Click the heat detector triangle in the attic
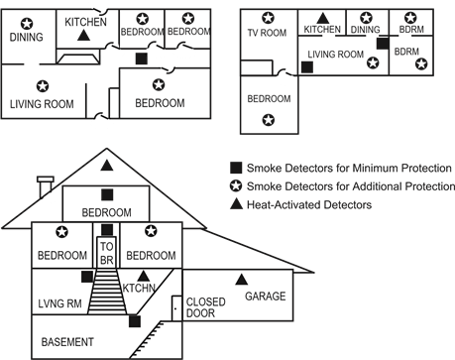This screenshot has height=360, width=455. pos(107,166)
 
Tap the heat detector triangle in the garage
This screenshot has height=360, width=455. pos(242,280)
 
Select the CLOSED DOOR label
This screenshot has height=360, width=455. pos(205,307)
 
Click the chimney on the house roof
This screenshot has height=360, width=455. pos(46,187)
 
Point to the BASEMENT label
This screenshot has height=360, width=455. pos(67,342)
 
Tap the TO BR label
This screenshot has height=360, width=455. pos(107,253)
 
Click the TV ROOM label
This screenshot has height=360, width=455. pos(267,33)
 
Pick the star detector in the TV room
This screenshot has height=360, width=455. pos(268,18)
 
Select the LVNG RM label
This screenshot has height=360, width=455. pos(59,303)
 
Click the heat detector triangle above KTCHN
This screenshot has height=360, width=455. pos(143,276)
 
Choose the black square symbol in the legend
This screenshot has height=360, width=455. pos(236,168)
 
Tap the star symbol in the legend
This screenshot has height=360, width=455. pos(236,186)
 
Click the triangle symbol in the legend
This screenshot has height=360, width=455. pos(236,204)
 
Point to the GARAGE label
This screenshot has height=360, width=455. pos(266,297)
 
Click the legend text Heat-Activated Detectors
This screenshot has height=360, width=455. pos(309,205)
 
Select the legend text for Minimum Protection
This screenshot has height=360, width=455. pos(349,168)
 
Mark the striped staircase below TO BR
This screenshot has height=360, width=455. pos(107,292)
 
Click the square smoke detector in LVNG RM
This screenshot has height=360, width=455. pos(87,277)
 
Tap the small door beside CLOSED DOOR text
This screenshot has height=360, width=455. pos(176,308)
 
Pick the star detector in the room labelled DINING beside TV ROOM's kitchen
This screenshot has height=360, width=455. pos(366,18)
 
